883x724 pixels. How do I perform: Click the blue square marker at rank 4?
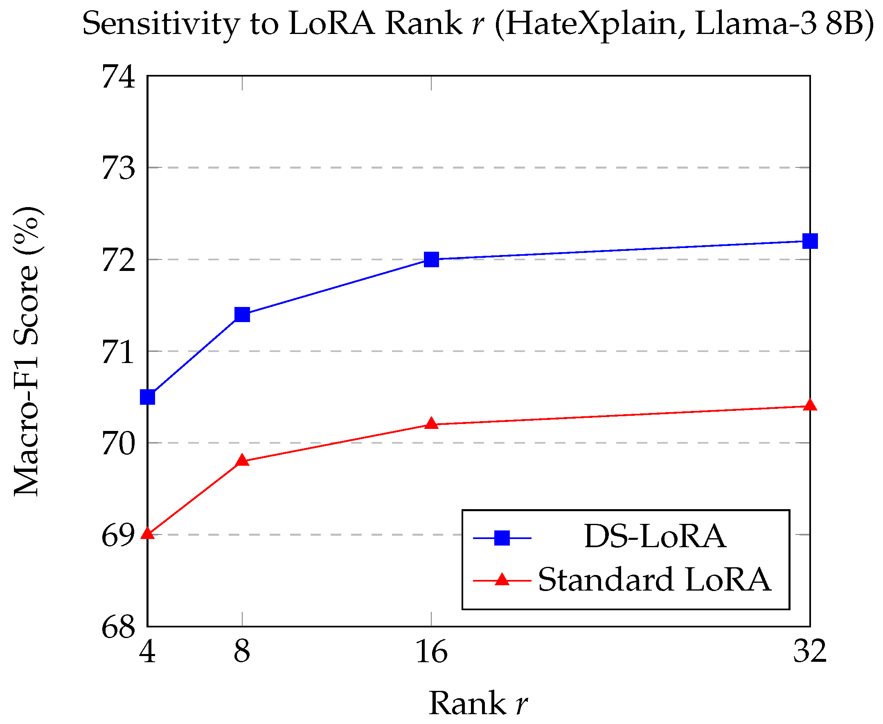pyautogui.click(x=148, y=397)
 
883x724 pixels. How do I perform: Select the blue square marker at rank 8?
pyautogui.click(x=242, y=314)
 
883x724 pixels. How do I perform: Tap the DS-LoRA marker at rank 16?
pyautogui.click(x=432, y=259)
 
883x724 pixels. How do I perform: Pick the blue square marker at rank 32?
pyautogui.click(x=810, y=241)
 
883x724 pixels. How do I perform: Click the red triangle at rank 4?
pyautogui.click(x=148, y=534)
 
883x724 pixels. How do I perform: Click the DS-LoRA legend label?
pyautogui.click(x=655, y=536)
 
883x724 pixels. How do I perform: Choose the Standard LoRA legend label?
pyautogui.click(x=655, y=580)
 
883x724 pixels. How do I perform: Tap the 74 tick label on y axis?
pyautogui.click(x=118, y=77)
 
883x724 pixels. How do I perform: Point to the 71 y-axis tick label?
pyautogui.click(x=118, y=352)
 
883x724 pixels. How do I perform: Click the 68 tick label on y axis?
pyautogui.click(x=118, y=627)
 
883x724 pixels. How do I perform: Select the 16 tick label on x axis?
pyautogui.click(x=432, y=652)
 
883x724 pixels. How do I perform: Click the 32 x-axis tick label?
pyautogui.click(x=809, y=651)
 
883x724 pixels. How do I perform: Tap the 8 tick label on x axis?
pyautogui.click(x=242, y=652)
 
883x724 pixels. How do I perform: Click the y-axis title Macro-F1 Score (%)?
pyautogui.click(x=27, y=352)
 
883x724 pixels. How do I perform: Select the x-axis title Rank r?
pyautogui.click(x=478, y=703)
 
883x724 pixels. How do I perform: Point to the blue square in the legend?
pyautogui.click(x=502, y=538)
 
